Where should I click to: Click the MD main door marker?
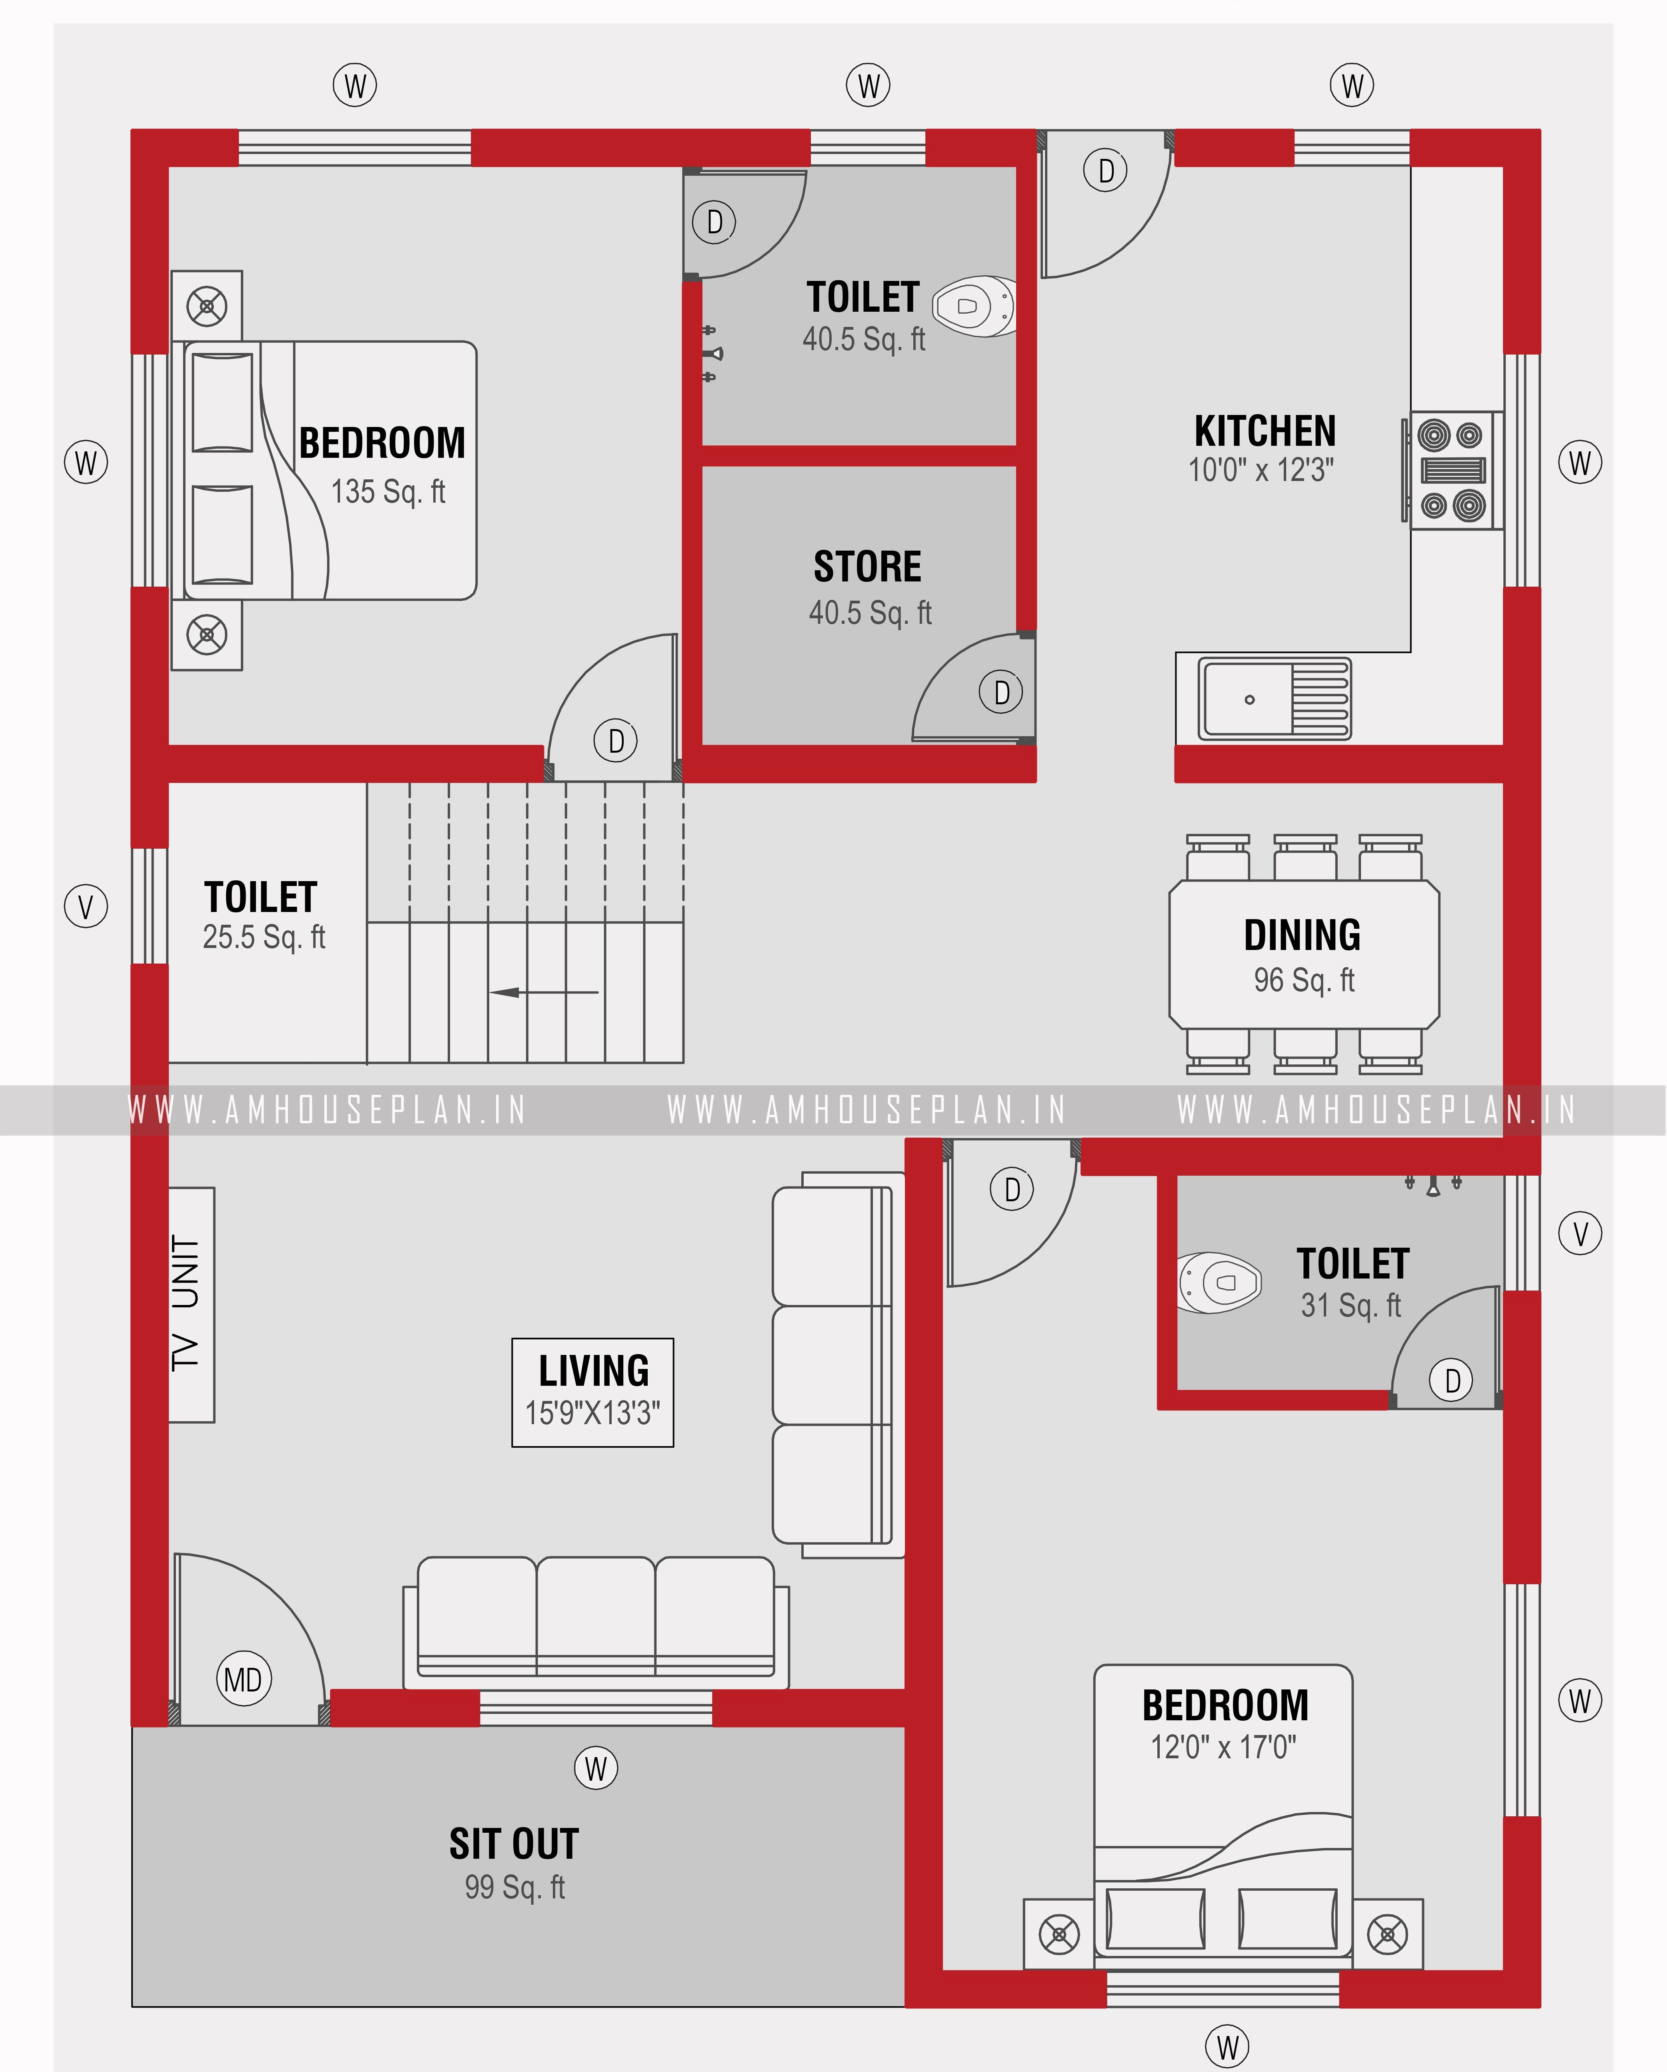point(243,1679)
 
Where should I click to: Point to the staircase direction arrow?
point(543,992)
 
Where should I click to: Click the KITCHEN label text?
point(1265,431)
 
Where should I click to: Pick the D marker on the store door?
point(1001,692)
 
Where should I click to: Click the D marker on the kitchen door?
point(1105,171)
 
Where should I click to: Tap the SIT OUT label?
point(514,1843)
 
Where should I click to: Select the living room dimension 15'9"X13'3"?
point(592,1413)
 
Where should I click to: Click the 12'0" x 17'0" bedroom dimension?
point(1223,1746)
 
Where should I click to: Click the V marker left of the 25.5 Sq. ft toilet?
point(86,906)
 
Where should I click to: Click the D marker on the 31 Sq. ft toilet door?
point(1451,1380)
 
